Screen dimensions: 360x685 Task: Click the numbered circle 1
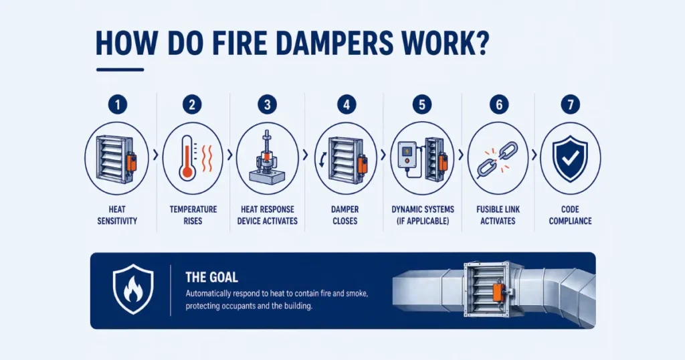[x=117, y=104]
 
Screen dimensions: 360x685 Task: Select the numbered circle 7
[x=570, y=104]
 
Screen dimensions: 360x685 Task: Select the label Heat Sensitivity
[x=117, y=214]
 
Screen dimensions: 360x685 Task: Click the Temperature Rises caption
[x=192, y=214]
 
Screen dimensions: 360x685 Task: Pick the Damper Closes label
[x=345, y=214]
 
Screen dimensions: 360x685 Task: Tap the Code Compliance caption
[x=570, y=214]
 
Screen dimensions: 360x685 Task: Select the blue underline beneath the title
[x=120, y=69]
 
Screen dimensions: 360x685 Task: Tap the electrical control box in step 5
[x=407, y=155]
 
